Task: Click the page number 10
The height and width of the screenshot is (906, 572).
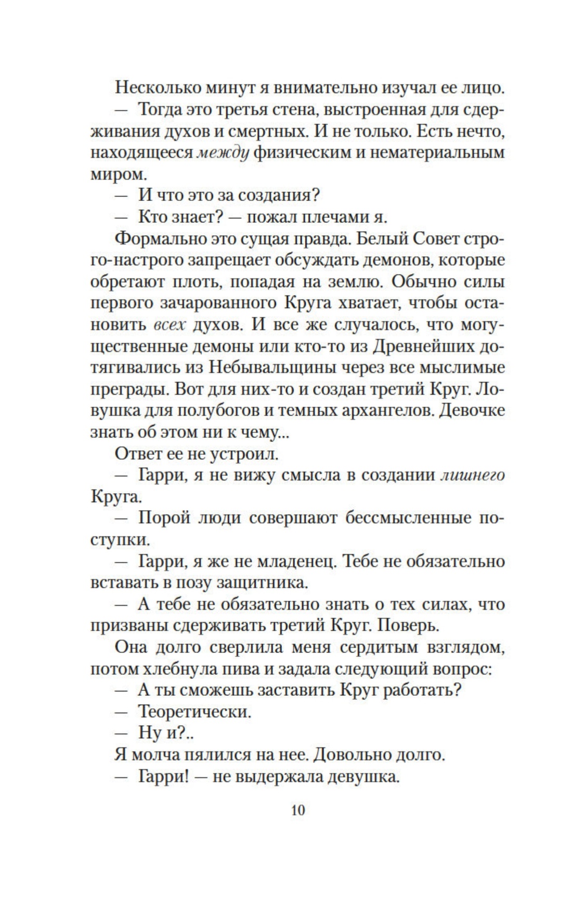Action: (298, 810)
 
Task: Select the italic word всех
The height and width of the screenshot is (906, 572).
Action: (170, 325)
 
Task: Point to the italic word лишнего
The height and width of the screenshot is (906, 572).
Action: (472, 475)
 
